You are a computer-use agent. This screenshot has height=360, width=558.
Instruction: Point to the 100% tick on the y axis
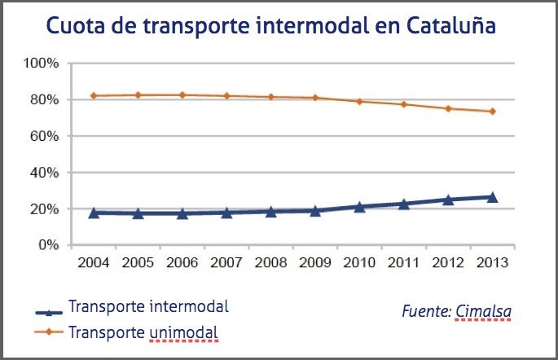[x=42, y=64]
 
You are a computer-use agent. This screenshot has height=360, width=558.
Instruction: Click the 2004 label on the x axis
[x=94, y=263]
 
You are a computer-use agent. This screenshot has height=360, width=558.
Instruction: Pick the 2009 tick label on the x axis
[x=315, y=263]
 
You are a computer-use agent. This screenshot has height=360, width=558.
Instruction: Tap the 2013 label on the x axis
[x=492, y=263]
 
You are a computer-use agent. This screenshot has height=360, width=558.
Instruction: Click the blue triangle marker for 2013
[x=492, y=196]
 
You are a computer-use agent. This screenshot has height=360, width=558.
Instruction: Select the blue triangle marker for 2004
[x=94, y=213]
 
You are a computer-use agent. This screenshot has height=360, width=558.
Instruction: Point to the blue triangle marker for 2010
[x=359, y=207]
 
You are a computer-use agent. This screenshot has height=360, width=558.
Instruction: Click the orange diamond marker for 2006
[x=182, y=94]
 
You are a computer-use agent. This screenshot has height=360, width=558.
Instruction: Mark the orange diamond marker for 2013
[x=492, y=112]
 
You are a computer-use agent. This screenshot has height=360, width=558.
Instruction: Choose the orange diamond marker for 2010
[x=359, y=101]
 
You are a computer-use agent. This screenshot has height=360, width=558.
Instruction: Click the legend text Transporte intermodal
[x=149, y=307]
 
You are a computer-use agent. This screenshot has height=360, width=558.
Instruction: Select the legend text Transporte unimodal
[x=145, y=332]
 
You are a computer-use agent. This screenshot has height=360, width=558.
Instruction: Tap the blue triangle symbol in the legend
[x=51, y=312]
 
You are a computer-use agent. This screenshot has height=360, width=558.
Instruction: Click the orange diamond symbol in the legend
[x=51, y=331]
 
